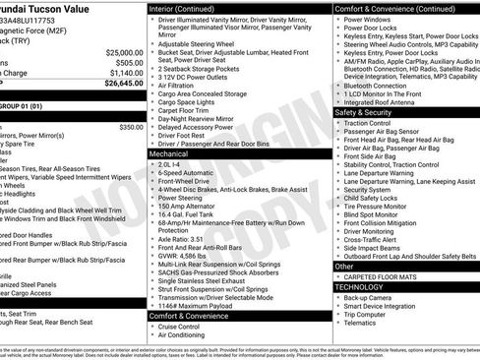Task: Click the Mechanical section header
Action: (x=169, y=154)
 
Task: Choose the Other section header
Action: (x=344, y=266)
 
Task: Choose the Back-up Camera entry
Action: (x=369, y=297)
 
